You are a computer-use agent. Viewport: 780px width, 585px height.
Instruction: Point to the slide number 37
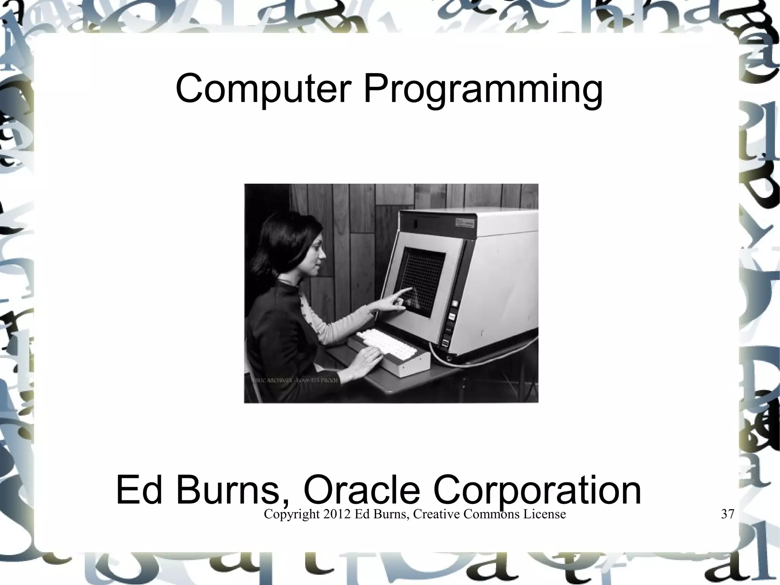727,514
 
